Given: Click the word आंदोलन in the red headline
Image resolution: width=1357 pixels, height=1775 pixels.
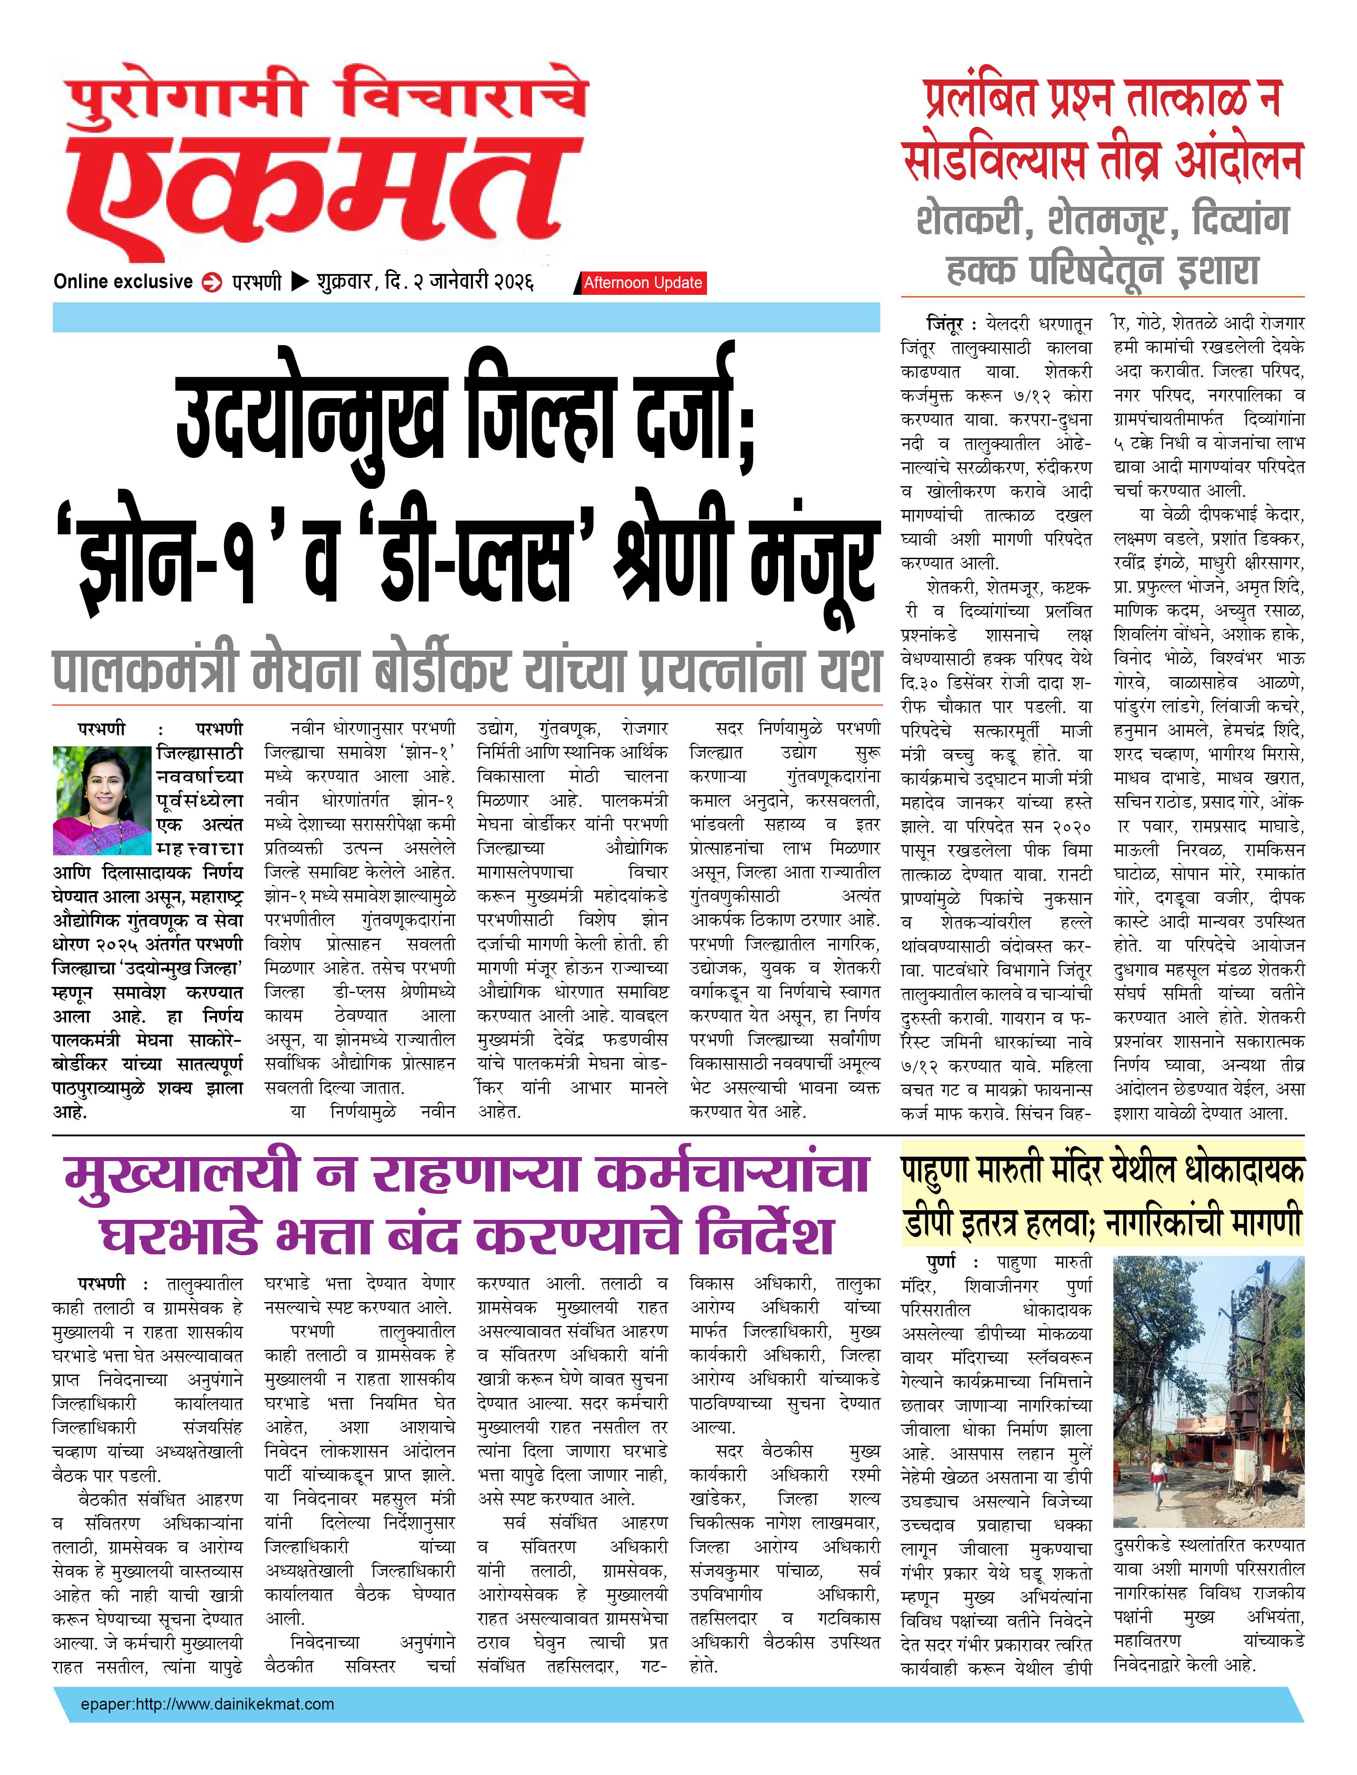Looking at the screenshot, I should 1237,160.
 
